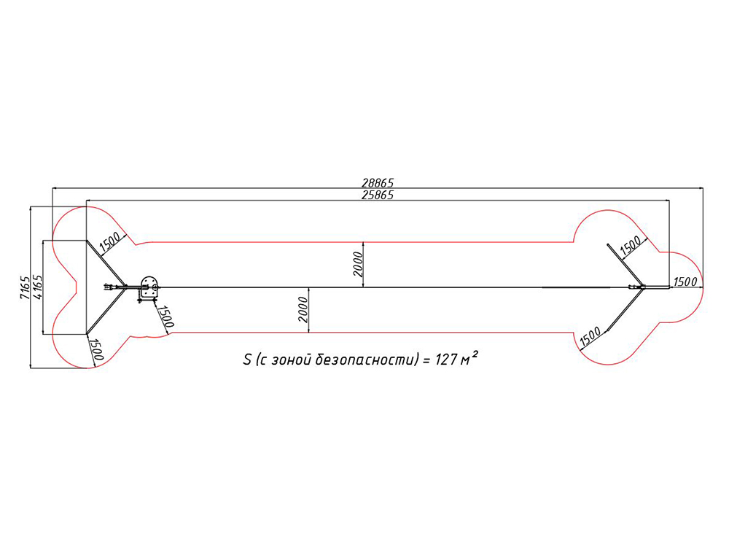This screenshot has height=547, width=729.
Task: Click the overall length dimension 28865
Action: (x=378, y=183)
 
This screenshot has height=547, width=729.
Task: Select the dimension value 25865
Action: (x=378, y=195)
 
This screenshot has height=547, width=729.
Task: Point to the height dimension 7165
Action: (x=25, y=287)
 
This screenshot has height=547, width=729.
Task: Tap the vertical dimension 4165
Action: (x=36, y=287)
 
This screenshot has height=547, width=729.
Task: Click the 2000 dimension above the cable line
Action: (x=357, y=264)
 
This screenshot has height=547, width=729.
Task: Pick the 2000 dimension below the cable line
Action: (x=303, y=310)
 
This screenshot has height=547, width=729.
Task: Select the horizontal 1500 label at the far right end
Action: (x=685, y=282)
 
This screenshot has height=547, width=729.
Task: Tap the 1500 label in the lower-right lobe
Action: (x=590, y=336)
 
